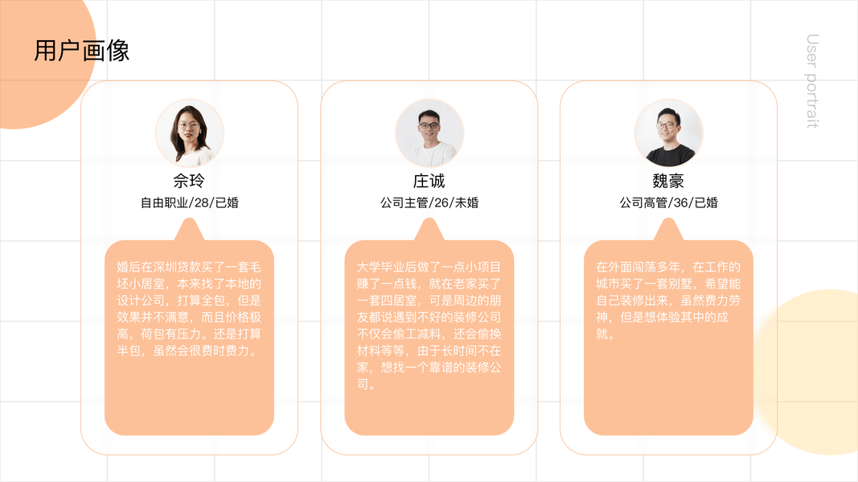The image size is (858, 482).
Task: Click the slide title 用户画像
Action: pos(81,51)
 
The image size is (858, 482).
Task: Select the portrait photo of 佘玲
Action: pos(190,133)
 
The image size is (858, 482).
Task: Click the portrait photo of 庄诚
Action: pos(429,133)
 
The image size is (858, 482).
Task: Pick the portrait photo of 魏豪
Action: pos(668,133)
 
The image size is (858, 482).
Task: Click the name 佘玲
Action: pos(190,181)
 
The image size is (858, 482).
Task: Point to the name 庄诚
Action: pos(429,181)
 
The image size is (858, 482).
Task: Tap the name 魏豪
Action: pos(668,181)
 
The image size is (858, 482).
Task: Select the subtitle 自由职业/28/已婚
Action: pos(190,202)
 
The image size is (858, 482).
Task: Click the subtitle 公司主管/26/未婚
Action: pos(429,202)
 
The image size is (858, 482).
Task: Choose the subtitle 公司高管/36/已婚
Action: pos(668,202)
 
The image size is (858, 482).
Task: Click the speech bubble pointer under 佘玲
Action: pos(190,231)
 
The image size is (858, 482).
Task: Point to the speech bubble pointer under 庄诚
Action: pos(429,231)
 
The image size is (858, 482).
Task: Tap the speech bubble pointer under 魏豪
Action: pos(668,231)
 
